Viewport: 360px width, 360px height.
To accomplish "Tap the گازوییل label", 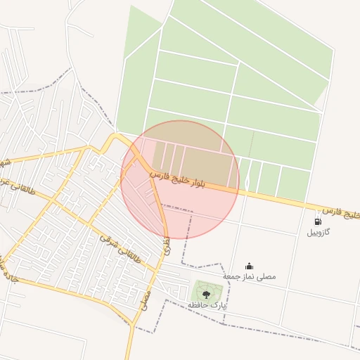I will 321,233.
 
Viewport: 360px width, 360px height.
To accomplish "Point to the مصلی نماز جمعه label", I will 250,276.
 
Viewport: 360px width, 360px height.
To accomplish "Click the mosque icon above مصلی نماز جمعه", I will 249,266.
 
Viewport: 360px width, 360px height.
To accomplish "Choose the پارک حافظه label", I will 207,305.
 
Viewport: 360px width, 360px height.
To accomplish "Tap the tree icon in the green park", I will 206,294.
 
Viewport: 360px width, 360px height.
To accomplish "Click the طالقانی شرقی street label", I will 120,249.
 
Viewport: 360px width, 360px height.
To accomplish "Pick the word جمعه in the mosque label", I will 233,276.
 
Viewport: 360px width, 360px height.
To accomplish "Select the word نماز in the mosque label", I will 248,276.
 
